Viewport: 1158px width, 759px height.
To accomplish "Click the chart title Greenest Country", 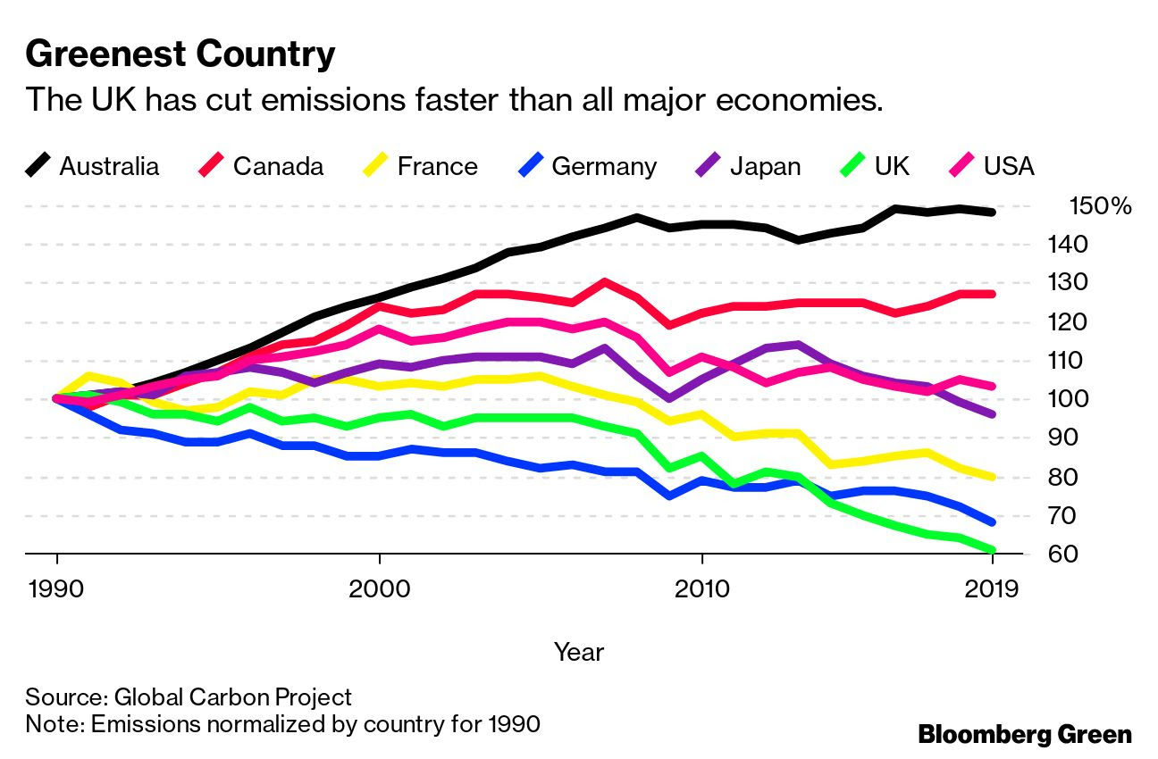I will click(x=180, y=54).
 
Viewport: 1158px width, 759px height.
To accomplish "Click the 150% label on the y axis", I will click(x=1100, y=206).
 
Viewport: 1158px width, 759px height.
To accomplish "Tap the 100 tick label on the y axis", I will click(x=1087, y=399).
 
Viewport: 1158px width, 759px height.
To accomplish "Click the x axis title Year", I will click(x=578, y=652).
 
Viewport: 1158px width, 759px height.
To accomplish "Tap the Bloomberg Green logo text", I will click(x=1025, y=735).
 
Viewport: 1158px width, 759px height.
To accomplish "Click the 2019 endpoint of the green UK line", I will click(x=992, y=550).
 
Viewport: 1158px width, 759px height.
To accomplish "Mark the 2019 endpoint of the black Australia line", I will click(x=992, y=212).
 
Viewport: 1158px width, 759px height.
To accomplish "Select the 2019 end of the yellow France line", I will click(x=992, y=477).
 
